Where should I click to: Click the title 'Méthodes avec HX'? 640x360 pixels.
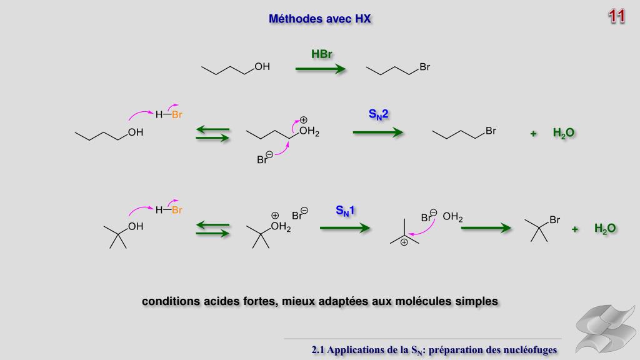coord(320,19)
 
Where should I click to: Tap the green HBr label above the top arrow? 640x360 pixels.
coord(321,54)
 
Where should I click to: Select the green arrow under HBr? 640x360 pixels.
coord(320,69)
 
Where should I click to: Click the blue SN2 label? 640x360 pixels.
coord(379,114)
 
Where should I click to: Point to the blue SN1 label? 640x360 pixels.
coord(345,211)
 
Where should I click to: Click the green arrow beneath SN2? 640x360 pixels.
coord(377,132)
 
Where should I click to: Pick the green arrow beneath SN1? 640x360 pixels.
coord(345,228)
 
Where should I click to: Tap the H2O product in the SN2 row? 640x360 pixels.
coord(563,132)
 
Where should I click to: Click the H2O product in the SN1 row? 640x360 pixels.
coord(605,228)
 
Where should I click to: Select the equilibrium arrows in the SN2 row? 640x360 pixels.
coord(212,134)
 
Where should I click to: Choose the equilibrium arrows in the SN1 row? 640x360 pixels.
coord(212,229)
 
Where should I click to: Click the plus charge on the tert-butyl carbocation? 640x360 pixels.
coord(404,242)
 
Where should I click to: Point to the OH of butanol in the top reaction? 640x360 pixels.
coord(262,67)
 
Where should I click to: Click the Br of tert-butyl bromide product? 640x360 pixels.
coord(554,220)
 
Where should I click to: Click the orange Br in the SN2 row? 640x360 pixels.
coord(177,115)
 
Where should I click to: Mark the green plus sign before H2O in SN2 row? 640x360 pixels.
coord(533,133)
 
